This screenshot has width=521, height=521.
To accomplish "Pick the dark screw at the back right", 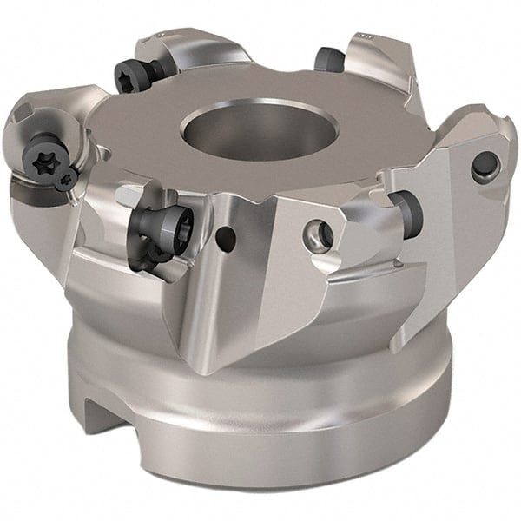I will [x=329, y=59].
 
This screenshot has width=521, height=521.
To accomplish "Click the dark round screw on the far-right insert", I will [x=485, y=164].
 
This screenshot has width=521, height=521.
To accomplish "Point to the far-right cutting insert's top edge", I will [x=473, y=122].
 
